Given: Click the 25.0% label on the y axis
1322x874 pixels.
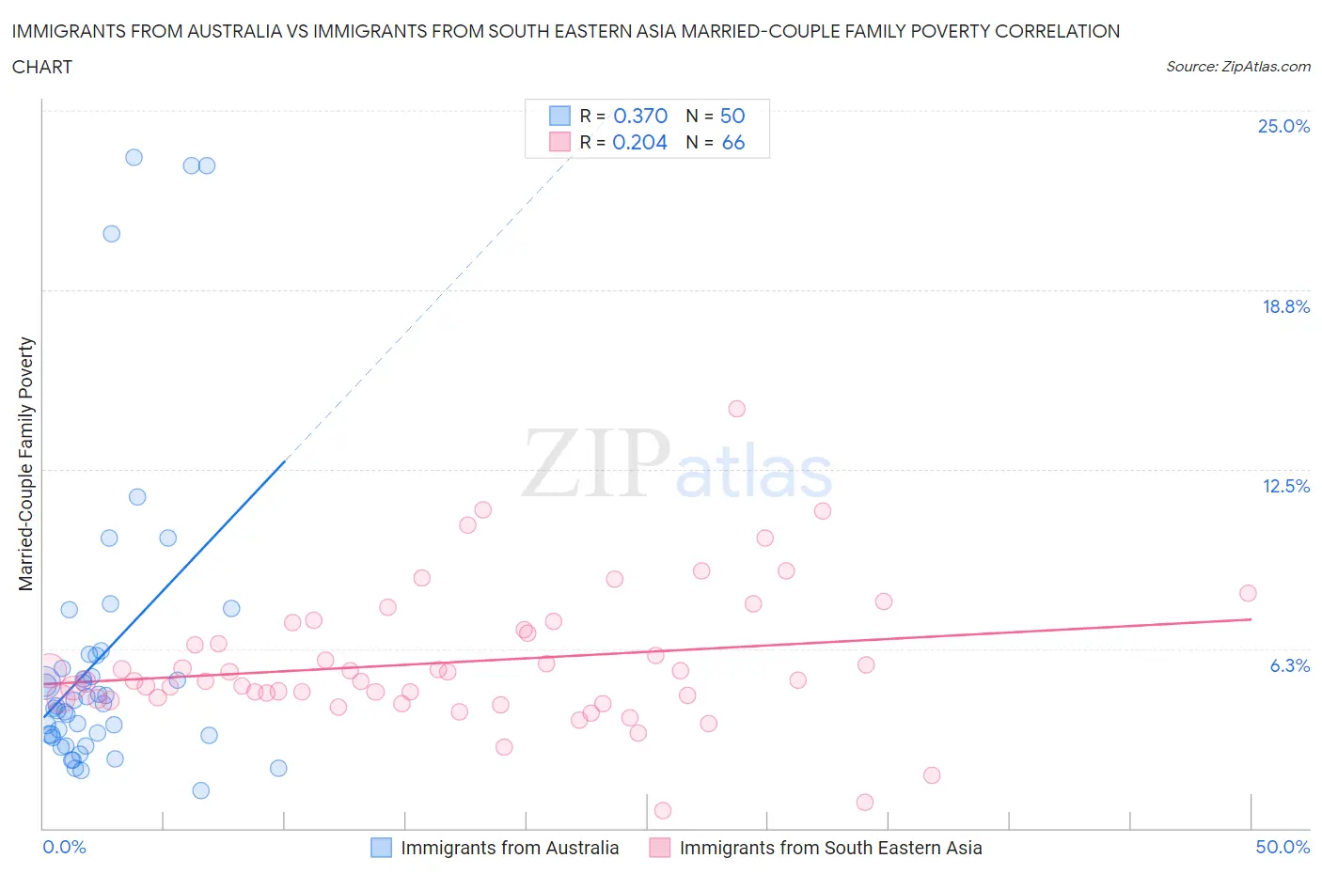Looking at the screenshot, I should click(x=1283, y=126).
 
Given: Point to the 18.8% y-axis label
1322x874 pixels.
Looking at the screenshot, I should click(x=1285, y=306).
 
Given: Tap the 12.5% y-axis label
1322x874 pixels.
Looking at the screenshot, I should click(x=1285, y=486).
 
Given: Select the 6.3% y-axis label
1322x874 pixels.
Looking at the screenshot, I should click(x=1289, y=665).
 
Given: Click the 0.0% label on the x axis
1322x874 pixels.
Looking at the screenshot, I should click(x=64, y=847).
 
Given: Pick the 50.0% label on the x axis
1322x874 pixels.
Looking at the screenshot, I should click(x=1283, y=847).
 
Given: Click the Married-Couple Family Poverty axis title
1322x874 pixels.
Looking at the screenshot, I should click(x=26, y=464).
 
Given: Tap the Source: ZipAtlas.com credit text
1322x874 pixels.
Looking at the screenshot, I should click(x=1237, y=66).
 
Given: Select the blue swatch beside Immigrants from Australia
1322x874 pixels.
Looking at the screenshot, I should click(x=381, y=848).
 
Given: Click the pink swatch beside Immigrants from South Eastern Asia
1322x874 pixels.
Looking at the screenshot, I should click(x=660, y=848).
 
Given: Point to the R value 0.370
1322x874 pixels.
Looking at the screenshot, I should click(x=640, y=116).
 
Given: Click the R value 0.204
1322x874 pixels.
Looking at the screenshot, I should click(x=639, y=142).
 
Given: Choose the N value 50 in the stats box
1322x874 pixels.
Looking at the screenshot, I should click(x=732, y=116).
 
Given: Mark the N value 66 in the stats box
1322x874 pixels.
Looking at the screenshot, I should click(x=732, y=142).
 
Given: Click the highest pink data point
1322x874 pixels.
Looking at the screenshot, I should click(x=736, y=409).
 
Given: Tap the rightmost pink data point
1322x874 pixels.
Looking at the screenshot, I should click(x=1248, y=593).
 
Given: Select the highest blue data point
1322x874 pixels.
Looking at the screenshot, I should click(x=134, y=158).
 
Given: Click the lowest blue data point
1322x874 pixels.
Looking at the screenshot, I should click(x=200, y=790).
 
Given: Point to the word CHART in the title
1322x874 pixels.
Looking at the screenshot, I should click(x=42, y=67).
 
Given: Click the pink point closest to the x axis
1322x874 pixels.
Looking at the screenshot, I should click(x=662, y=810).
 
